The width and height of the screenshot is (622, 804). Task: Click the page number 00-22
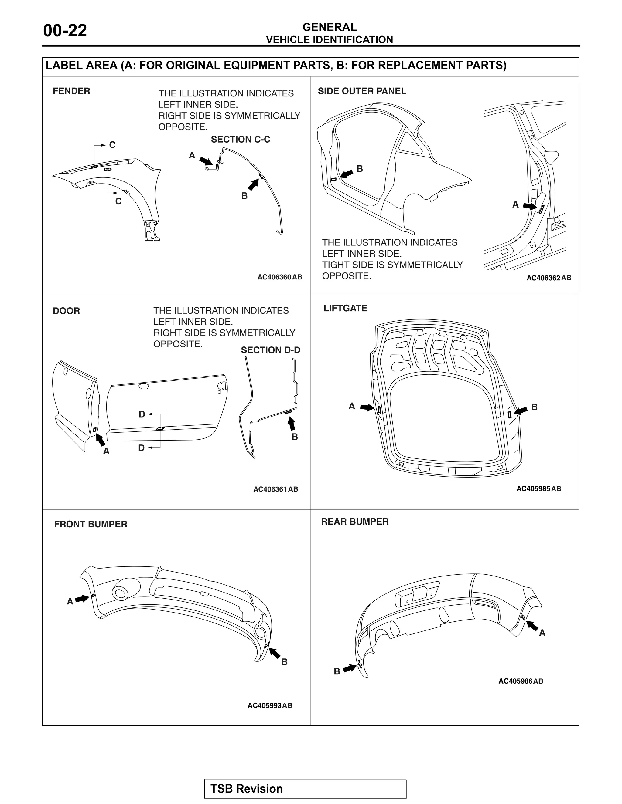(65, 31)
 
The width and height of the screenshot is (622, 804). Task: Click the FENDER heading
(71, 91)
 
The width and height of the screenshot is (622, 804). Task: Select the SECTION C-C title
(240, 140)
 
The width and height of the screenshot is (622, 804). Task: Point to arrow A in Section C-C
(206, 160)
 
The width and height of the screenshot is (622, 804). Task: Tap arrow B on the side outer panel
(346, 174)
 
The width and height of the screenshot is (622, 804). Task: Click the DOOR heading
(66, 311)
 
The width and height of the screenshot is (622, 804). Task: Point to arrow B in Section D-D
(292, 424)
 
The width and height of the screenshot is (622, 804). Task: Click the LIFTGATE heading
(345, 308)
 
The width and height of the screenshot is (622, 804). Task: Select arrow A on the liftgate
(367, 407)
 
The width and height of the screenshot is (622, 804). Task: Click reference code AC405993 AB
(269, 705)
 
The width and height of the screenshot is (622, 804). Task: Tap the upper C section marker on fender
(112, 145)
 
